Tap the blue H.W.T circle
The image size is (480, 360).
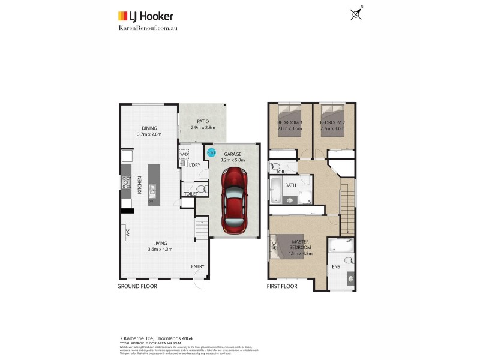(211, 152)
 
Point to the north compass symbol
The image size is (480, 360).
(356, 14)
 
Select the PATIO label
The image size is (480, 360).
(202, 121)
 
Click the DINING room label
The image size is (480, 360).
(149, 128)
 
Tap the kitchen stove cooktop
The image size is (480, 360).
(126, 182)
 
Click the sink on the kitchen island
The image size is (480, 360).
(152, 191)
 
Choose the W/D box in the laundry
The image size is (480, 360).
(184, 154)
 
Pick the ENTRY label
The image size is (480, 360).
(197, 266)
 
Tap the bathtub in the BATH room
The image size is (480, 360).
(277, 191)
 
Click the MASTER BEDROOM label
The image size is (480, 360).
(300, 244)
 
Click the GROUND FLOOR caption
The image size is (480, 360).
(137, 287)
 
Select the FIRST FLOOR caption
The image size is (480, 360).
(282, 287)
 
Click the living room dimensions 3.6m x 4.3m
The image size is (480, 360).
(159, 249)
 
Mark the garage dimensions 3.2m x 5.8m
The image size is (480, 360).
(232, 160)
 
